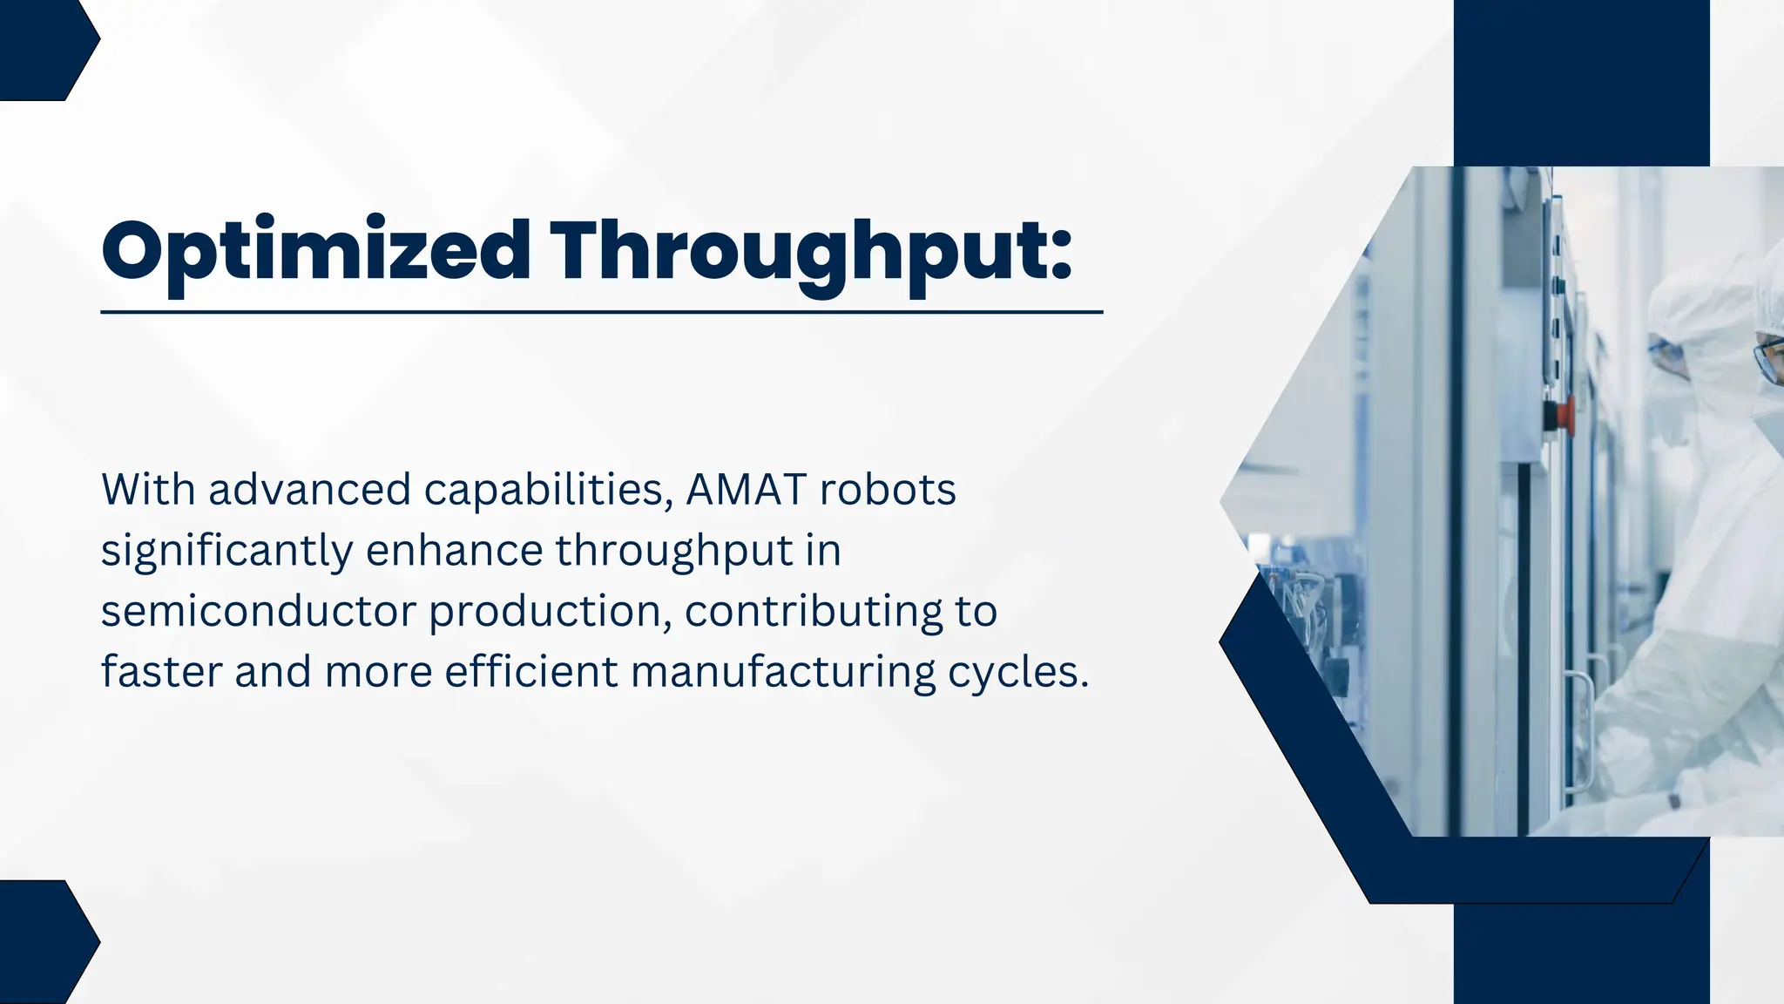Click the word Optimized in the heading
tap(315, 251)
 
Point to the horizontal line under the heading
tap(601, 311)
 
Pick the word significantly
tap(226, 552)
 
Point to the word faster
tap(162, 673)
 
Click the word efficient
tap(530, 673)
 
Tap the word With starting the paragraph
tap(148, 490)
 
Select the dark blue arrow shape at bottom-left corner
tap(44, 943)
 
